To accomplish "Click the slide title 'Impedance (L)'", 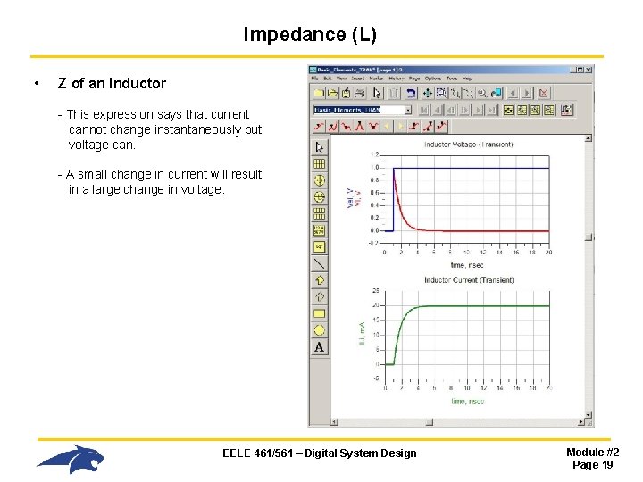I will point(310,35).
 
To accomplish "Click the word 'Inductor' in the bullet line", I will point(138,84).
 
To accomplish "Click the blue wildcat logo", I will point(71,458).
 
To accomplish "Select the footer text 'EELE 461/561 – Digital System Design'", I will point(319,453).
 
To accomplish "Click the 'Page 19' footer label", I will point(592,465).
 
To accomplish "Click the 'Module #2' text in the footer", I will point(593,453).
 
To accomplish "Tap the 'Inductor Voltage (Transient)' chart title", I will point(467,145).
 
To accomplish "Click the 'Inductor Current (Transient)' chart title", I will point(469,280).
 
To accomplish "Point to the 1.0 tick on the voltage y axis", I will point(377,167).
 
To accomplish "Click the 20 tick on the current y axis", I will point(377,306).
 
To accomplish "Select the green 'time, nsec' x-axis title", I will point(469,402).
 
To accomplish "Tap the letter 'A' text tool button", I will point(319,347).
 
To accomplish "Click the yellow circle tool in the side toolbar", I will point(319,330).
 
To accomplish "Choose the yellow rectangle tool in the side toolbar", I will point(319,313).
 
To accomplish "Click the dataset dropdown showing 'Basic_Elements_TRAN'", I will point(362,110).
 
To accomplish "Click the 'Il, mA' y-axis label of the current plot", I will point(362,334).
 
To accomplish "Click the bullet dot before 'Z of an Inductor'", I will point(34,84).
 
